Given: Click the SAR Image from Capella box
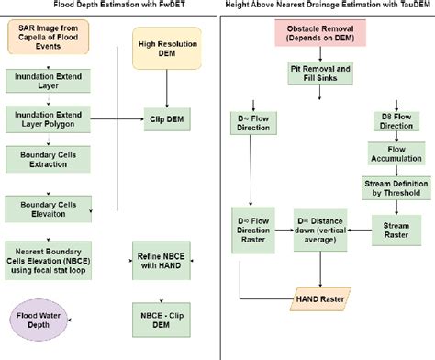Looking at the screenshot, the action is tap(49, 37).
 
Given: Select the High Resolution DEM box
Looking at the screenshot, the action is tap(167, 49).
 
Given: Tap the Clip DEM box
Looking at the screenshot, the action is tap(167, 119).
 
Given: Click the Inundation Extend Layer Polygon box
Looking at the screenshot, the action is tap(48, 119).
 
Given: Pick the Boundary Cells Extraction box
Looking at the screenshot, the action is tap(48, 159).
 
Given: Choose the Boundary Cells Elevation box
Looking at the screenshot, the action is tap(49, 209).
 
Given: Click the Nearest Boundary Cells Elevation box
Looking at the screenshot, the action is tap(49, 261).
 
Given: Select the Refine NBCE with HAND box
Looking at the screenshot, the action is tap(162, 261).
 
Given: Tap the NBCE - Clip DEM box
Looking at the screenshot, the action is tap(162, 321).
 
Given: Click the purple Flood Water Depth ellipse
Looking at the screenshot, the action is tap(39, 321).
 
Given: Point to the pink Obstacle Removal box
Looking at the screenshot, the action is tap(320, 33).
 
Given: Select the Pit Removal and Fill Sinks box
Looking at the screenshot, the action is tap(320, 73).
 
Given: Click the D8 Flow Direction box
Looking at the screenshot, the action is tap(396, 121).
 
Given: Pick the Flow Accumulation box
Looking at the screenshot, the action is tap(396, 153).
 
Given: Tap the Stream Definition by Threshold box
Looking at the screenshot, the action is tap(396, 188).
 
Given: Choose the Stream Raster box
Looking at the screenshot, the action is tap(396, 231).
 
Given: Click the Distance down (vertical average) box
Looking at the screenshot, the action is tap(320, 231).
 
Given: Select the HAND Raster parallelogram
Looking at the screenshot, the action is tap(320, 299).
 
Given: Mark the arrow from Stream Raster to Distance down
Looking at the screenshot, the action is tap(360, 231).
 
